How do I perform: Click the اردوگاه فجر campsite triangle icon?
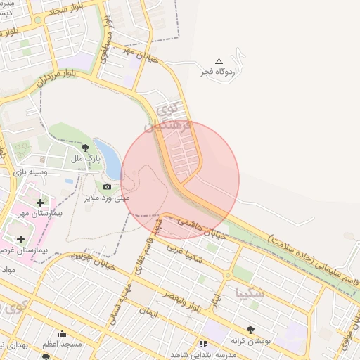pos(219,62)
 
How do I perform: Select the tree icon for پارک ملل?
pos(86,148)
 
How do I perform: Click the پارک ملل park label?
pos(87,158)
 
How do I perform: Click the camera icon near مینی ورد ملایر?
pos(107,186)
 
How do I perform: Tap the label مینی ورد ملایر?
pos(106,198)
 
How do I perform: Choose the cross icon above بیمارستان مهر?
pos(40,202)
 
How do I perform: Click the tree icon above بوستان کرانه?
pos(251,329)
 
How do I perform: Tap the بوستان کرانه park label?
pos(251,340)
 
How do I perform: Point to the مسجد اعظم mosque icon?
pos(62,334)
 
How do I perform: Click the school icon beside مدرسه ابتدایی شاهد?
pos(203,344)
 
